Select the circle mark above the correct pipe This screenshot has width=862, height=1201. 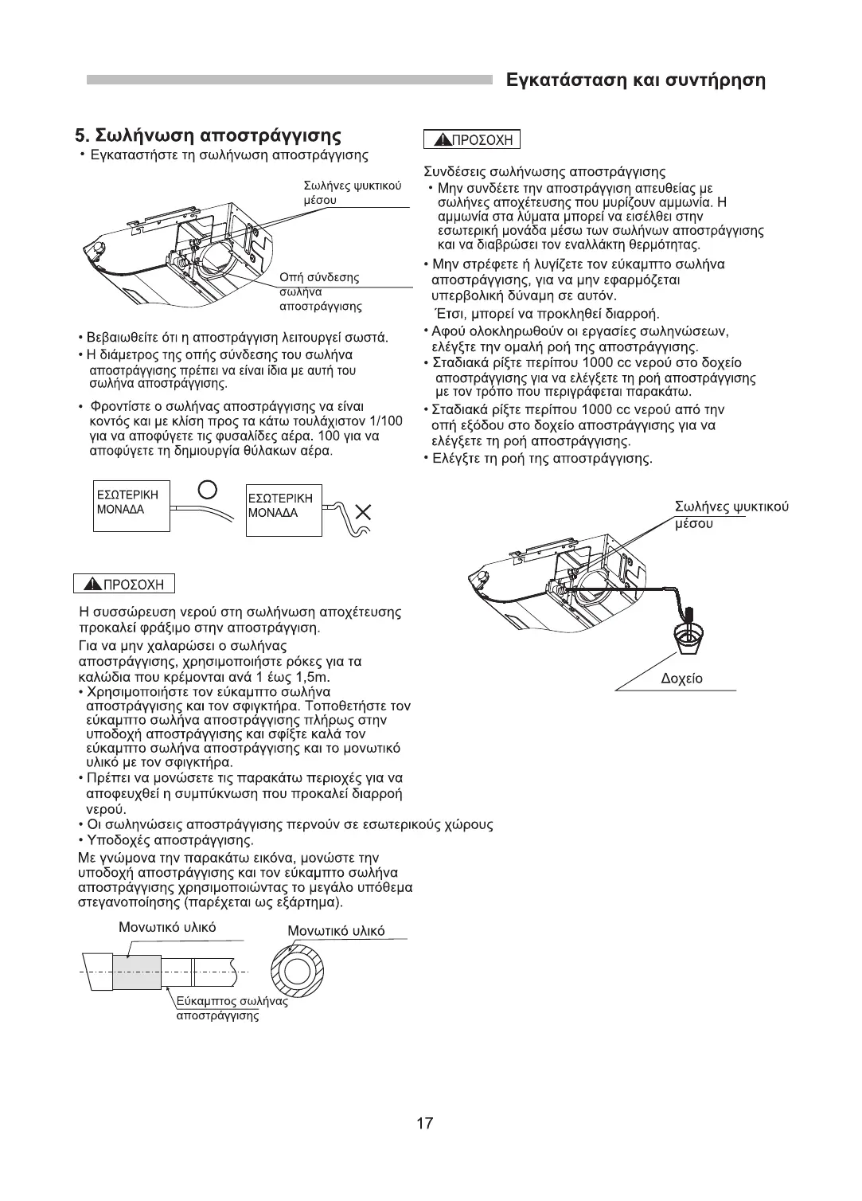pos(207,488)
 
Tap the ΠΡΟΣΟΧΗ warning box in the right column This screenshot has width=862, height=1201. pos(471,141)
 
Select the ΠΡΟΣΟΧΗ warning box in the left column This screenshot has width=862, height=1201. pos(123,584)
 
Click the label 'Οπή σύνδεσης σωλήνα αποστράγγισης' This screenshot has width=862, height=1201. pos(319,291)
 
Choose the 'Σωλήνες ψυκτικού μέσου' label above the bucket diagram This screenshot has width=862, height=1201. pos(731,514)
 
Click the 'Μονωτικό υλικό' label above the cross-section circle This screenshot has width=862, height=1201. pos(335,931)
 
